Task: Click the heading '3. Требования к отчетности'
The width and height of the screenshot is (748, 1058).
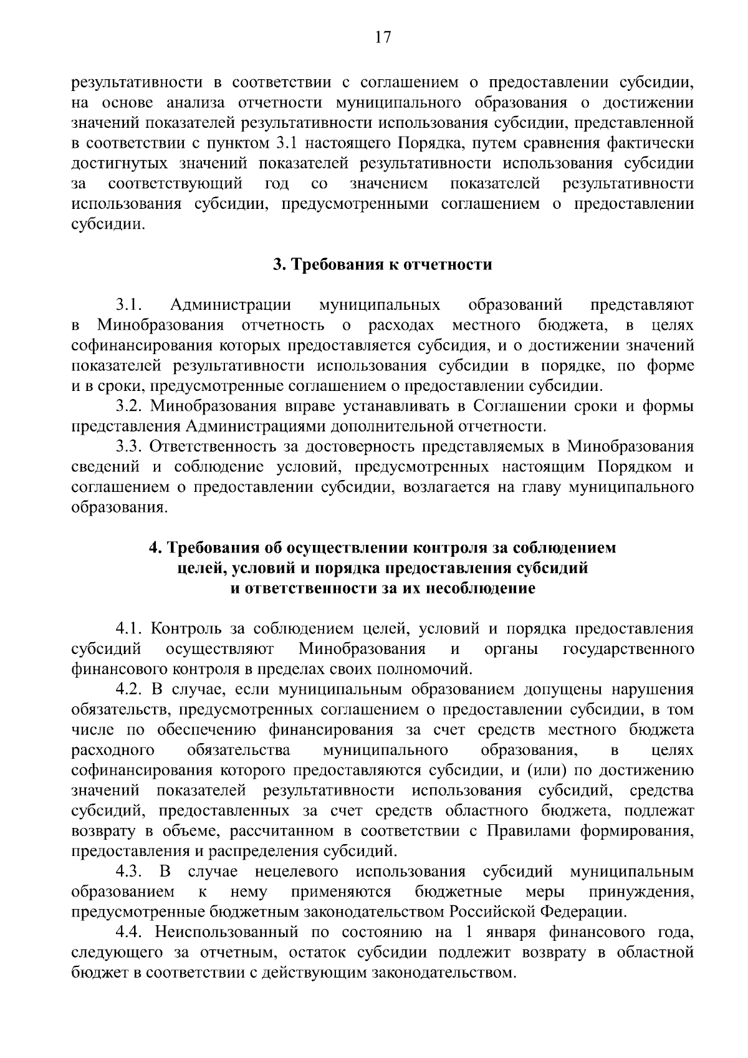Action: click(383, 264)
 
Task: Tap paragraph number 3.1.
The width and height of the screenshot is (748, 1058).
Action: click(130, 305)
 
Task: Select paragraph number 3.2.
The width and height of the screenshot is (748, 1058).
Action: click(130, 406)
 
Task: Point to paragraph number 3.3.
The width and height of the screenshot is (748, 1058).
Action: click(130, 446)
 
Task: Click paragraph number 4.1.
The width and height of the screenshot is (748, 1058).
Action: click(130, 628)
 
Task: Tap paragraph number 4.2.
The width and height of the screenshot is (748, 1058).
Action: click(130, 690)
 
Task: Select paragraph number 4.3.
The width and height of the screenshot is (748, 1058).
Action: click(130, 871)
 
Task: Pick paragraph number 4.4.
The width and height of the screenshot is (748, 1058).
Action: click(130, 931)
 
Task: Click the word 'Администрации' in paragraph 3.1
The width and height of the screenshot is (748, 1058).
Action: click(231, 305)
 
